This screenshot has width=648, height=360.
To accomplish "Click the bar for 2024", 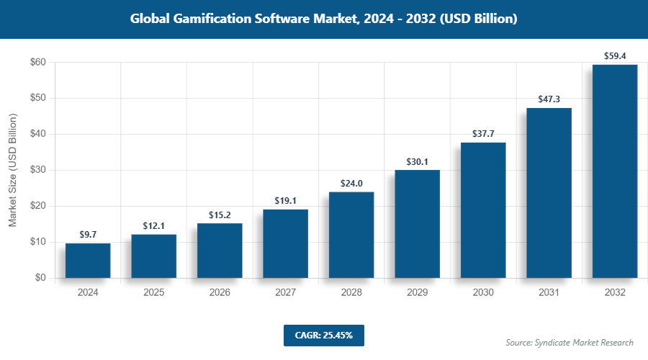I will [x=88, y=261].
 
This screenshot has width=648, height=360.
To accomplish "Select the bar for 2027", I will [x=285, y=243].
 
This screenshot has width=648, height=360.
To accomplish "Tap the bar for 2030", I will [x=483, y=210].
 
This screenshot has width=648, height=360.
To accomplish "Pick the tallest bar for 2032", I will [x=615, y=171].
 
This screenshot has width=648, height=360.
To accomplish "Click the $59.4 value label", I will [x=615, y=55].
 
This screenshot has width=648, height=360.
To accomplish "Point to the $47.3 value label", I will [x=549, y=99].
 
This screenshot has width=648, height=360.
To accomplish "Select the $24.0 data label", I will [x=351, y=182].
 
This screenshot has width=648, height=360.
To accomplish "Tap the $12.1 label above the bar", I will [x=153, y=225].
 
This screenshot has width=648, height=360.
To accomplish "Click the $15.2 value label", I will [x=220, y=214].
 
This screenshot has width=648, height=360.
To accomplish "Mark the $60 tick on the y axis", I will [x=38, y=63].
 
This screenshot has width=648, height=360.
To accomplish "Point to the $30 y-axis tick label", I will [x=38, y=171].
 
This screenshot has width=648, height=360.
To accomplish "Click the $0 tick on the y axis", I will [x=40, y=278].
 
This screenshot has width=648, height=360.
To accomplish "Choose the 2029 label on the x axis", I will [x=417, y=293].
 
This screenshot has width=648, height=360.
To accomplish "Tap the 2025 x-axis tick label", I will [x=153, y=293].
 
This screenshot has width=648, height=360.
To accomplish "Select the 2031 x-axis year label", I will [x=549, y=293].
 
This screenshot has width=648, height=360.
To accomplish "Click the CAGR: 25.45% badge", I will [x=323, y=335].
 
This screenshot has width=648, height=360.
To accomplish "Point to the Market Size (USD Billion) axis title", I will [x=12, y=171].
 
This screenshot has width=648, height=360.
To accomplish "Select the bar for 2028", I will [x=351, y=235].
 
